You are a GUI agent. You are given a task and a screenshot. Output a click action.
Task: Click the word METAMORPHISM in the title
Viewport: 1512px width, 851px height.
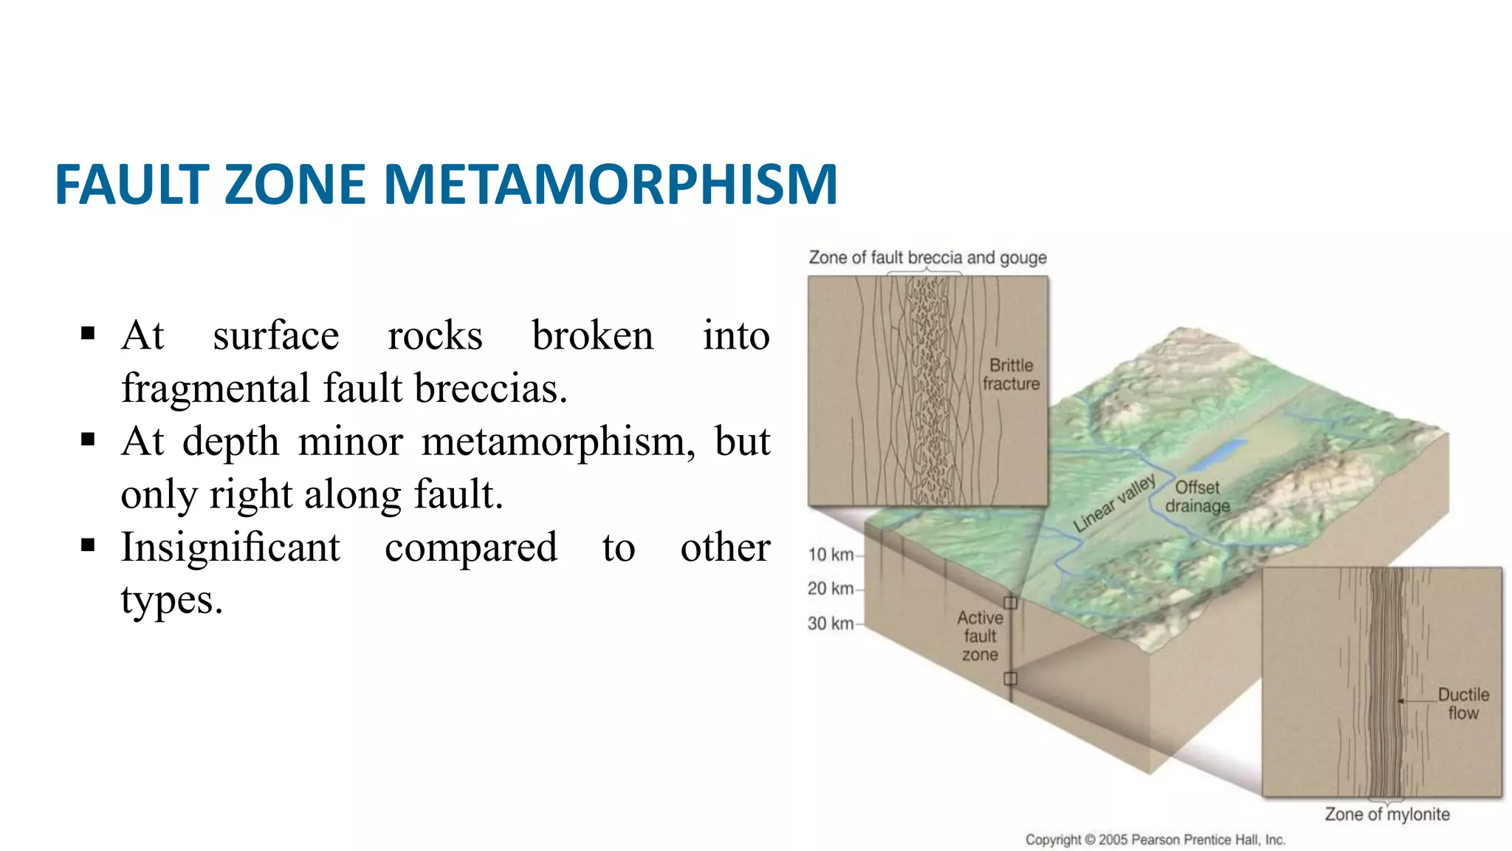tap(611, 184)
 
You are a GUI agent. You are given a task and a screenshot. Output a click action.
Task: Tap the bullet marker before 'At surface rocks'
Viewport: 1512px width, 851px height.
tap(89, 334)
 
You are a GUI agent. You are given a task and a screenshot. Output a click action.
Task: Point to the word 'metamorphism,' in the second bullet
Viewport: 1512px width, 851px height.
tap(558, 442)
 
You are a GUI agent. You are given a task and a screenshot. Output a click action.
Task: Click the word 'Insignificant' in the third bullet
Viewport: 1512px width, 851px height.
tap(230, 547)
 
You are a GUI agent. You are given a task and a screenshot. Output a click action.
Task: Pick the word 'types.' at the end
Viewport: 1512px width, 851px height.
tap(171, 600)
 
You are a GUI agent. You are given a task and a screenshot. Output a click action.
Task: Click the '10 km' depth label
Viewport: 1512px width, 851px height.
tap(831, 555)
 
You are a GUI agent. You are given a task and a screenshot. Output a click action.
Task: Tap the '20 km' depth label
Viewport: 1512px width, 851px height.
tap(831, 589)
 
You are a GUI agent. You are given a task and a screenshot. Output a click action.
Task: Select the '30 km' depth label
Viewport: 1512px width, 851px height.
tap(831, 623)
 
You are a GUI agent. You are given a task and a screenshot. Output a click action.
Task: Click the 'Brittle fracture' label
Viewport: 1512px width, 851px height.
tap(1011, 375)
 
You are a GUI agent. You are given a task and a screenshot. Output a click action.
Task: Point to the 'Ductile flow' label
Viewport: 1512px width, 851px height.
tap(1463, 703)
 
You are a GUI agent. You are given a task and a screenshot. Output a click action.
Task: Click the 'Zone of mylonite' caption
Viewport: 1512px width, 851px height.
tap(1386, 814)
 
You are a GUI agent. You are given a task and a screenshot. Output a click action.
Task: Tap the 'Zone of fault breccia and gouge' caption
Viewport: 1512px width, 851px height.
tap(927, 258)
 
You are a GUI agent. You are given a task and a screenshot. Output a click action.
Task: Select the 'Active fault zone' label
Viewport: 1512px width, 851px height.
tap(980, 636)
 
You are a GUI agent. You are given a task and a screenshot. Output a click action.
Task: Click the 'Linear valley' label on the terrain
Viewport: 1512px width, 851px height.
tap(1114, 503)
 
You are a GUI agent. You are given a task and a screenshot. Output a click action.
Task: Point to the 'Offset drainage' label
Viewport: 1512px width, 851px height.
tap(1197, 496)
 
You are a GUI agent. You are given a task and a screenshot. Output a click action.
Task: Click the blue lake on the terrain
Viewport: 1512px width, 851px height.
tap(1220, 454)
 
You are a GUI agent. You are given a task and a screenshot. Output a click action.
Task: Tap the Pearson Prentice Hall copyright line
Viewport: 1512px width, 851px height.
tap(1155, 840)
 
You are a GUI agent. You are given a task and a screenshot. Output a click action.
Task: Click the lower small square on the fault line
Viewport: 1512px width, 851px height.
tap(1011, 678)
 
